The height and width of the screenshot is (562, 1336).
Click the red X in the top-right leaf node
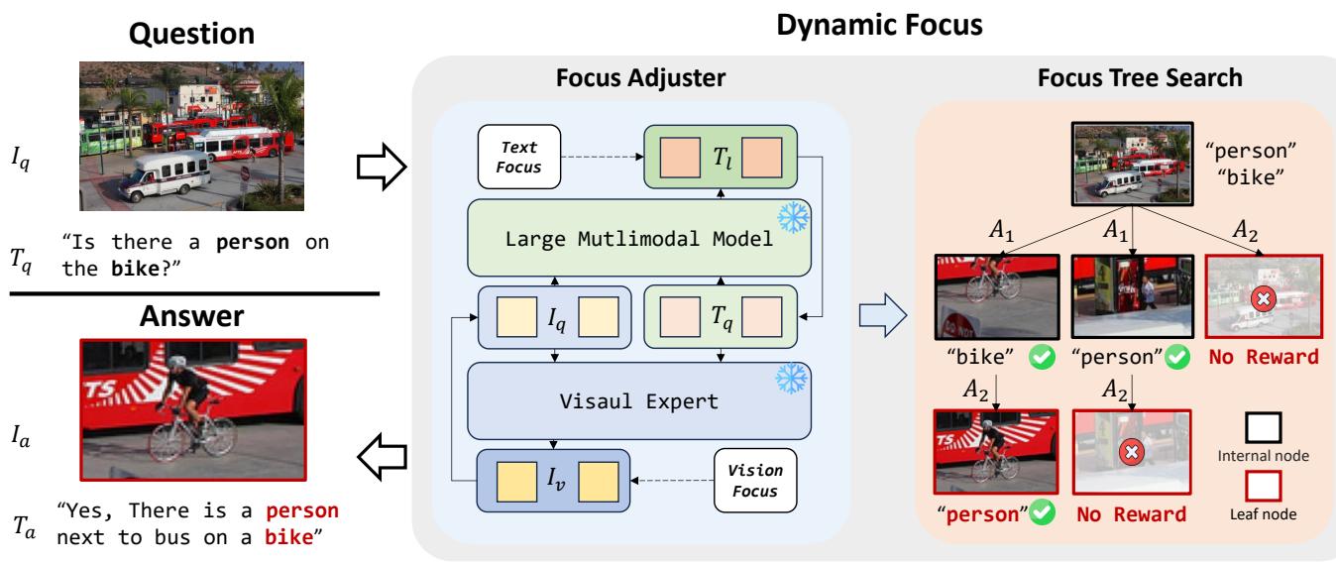pos(1263,299)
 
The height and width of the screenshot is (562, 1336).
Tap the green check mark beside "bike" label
pos(1039,357)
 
